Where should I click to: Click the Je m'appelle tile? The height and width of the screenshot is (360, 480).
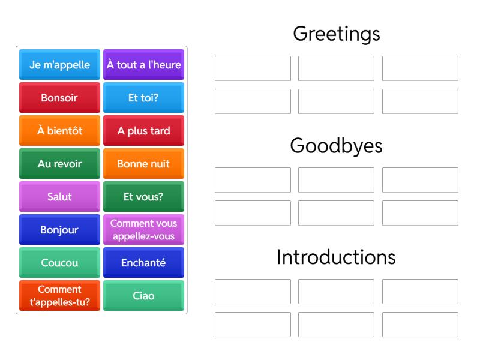59,64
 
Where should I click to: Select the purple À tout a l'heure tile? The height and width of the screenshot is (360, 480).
143,64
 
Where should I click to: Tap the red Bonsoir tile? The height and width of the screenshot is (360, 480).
59,97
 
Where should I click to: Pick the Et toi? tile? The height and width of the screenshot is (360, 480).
143,97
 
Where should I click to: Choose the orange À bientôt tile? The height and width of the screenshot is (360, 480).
59,130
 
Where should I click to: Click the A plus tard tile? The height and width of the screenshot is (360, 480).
143,130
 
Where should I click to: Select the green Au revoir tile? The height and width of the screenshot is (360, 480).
59,163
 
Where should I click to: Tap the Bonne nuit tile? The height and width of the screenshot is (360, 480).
143,163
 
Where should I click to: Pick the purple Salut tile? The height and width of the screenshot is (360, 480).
59,196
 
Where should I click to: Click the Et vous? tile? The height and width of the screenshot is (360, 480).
143,196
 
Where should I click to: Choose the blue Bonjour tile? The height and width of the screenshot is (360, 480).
59,229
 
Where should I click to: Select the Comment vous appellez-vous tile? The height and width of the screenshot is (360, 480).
143,229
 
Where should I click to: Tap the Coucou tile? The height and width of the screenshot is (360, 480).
59,262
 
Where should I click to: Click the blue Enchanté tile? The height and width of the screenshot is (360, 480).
143,262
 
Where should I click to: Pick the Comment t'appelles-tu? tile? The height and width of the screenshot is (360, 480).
59,295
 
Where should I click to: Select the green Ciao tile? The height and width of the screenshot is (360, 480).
143,295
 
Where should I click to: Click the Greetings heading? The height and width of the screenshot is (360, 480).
336,34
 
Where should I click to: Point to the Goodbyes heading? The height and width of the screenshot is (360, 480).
336,146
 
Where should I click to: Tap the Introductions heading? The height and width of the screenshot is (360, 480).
336,257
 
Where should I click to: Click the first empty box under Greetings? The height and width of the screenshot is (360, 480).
253,68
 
